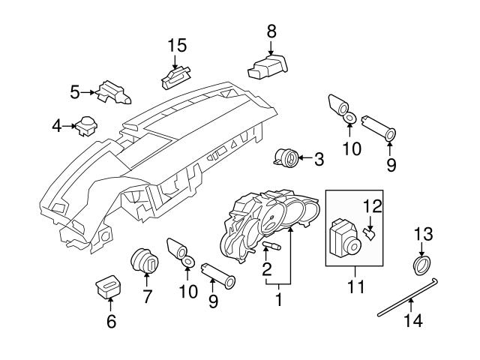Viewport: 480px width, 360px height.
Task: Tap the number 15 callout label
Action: (176, 46)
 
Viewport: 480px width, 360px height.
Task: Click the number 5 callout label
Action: (74, 92)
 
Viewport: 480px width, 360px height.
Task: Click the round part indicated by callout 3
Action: (286, 157)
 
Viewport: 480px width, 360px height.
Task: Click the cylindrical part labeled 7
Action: (145, 263)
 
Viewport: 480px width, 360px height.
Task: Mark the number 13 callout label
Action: (422, 234)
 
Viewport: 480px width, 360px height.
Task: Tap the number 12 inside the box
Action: (373, 205)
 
